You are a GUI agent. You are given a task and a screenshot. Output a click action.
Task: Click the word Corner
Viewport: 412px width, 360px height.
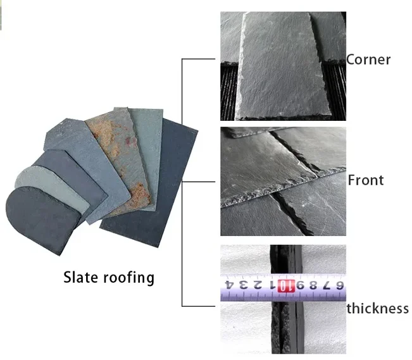(368, 60)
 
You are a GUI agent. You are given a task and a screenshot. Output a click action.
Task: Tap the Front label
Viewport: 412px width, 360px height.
(366, 180)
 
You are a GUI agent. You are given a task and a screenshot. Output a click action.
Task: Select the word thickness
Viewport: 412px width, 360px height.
(377, 309)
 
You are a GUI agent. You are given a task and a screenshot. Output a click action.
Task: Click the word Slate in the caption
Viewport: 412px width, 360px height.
(80, 277)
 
